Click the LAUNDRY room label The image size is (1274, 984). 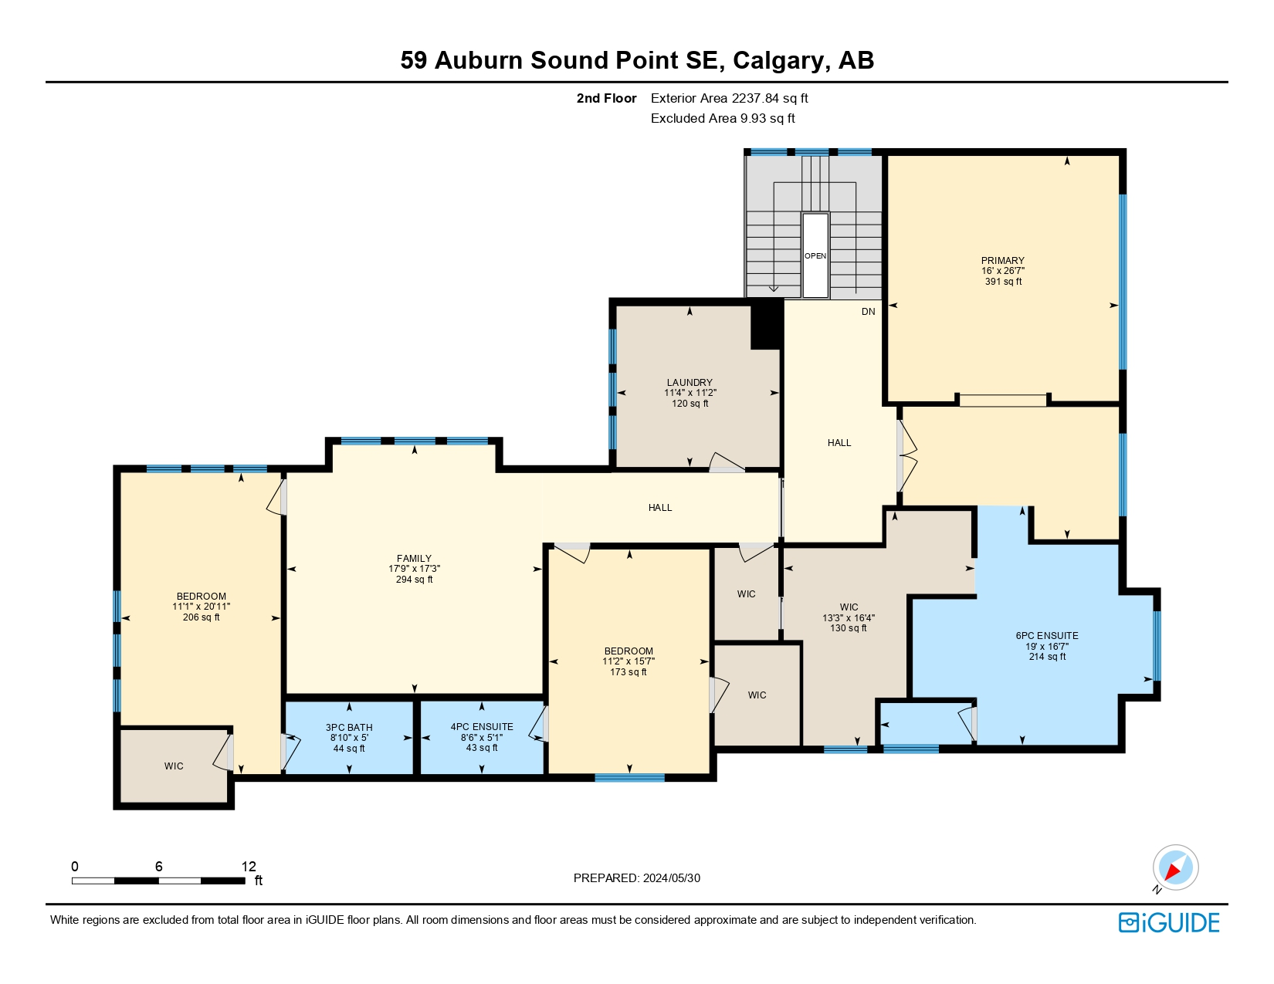690,382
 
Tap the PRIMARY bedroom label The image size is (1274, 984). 1002,260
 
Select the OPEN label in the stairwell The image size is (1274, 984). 815,255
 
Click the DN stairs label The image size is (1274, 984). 868,312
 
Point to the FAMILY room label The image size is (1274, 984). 414,558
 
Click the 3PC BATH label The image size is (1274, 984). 349,727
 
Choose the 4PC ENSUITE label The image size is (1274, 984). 482,726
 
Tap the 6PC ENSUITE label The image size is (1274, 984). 1046,635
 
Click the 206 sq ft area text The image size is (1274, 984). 201,617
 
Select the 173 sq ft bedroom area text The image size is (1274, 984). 628,672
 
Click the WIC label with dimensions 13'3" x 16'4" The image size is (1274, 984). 849,607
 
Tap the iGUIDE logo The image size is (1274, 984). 1168,922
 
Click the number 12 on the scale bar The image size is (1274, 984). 248,866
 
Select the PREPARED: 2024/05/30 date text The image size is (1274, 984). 636,877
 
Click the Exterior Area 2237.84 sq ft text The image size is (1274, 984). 729,98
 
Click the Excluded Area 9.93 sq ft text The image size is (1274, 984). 722,118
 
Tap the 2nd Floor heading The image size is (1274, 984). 606,98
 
